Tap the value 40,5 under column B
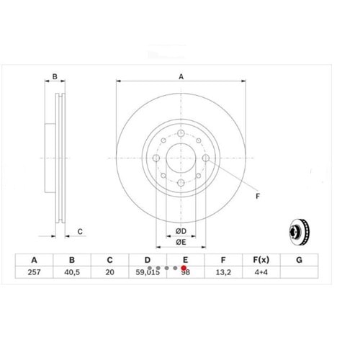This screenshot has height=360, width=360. coord(72,274)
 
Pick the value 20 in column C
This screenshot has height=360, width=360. coord(109,274)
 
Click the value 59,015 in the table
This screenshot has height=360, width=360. coord(147,274)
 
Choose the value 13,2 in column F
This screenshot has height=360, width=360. coord(224,274)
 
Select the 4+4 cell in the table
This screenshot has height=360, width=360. coord(261,274)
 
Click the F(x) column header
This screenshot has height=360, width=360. coord(261,260)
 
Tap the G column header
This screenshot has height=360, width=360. coord(300,260)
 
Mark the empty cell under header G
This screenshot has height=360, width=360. coord(300,274)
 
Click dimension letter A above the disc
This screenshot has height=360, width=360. coord(181,76)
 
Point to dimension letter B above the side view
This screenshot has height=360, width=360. coord(55,76)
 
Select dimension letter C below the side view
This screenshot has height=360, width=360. coord(81,232)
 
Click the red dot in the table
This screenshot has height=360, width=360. coord(184,267)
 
